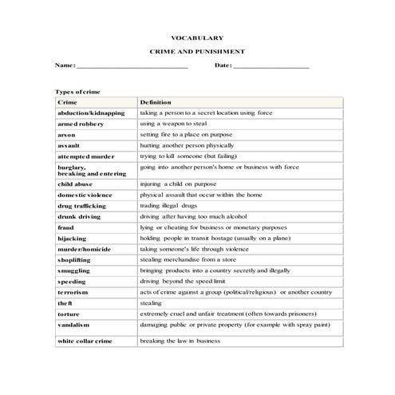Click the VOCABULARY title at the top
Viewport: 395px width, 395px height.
pyautogui.click(x=197, y=38)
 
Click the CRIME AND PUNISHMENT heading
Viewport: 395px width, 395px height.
pyautogui.click(x=197, y=50)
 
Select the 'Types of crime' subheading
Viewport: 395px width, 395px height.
pyautogui.click(x=77, y=92)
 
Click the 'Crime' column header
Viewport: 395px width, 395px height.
pyautogui.click(x=67, y=103)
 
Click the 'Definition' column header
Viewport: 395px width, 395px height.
pyautogui.click(x=156, y=103)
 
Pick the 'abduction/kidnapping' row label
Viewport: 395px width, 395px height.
pyautogui.click(x=91, y=113)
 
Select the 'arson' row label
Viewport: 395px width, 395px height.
pyautogui.click(x=67, y=136)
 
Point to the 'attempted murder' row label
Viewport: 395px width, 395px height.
pyautogui.click(x=86, y=157)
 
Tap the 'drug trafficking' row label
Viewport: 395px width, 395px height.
pyautogui.click(x=81, y=206)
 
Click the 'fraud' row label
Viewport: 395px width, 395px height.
pyautogui.click(x=66, y=227)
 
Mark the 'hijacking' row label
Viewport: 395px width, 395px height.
pyautogui.click(x=72, y=239)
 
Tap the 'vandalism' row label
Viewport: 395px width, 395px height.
pyautogui.click(x=74, y=326)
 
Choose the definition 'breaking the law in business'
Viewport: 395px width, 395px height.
pyautogui.click(x=180, y=341)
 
